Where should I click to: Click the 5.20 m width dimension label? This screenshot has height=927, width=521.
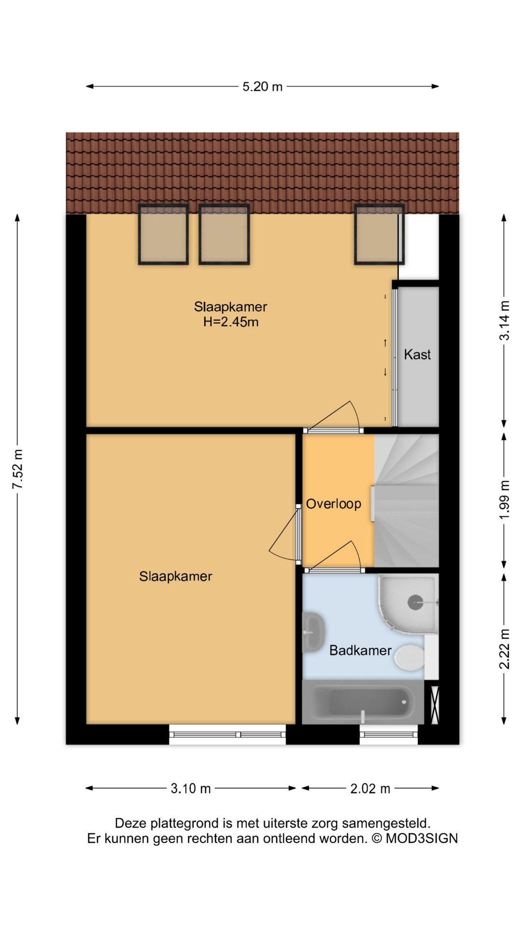click(262, 86)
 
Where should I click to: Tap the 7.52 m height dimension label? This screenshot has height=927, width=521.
click(18, 469)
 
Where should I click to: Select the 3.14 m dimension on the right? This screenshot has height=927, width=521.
click(504, 321)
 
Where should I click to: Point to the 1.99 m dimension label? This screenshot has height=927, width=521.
click(504, 500)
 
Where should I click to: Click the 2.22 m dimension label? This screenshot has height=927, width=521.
click(504, 649)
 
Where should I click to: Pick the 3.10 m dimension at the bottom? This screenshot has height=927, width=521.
click(191, 788)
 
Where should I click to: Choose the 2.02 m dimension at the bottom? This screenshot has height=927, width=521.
click(370, 788)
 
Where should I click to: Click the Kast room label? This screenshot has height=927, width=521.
click(417, 354)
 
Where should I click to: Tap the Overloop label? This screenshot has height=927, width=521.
click(334, 504)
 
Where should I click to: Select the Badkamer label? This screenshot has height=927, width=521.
click(360, 650)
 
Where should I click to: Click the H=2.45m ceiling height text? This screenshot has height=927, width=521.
click(231, 322)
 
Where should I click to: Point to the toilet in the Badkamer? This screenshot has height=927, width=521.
click(410, 657)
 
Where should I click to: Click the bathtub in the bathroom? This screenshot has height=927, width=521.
click(363, 702)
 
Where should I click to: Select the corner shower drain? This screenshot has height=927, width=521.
click(415, 602)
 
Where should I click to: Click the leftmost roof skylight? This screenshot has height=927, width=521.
click(164, 234)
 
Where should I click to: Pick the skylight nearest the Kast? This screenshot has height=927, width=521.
click(379, 234)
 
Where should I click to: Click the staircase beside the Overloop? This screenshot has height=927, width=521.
click(407, 501)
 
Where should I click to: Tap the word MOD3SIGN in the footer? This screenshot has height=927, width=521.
click(422, 839)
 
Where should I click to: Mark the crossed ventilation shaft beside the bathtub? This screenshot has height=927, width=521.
click(435, 705)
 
